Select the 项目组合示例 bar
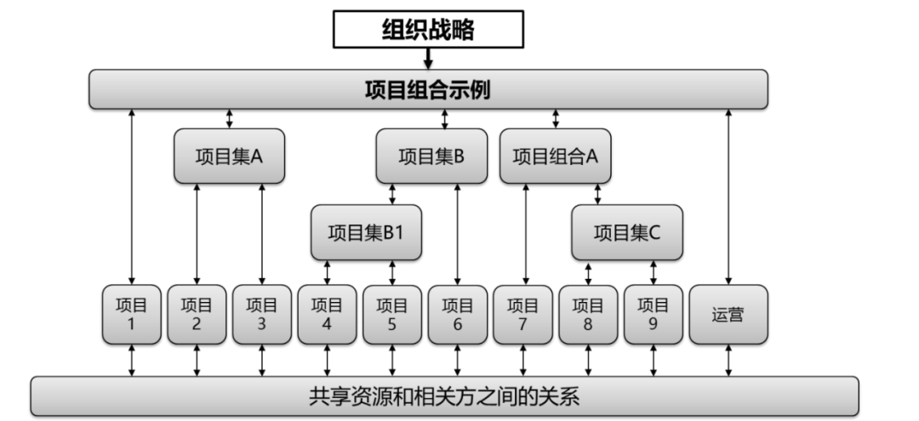[x=428, y=89]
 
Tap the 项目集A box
[x=229, y=156]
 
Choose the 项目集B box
[x=431, y=156]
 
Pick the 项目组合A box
[x=556, y=156]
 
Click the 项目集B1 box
[x=366, y=232]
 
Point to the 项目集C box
[x=627, y=232]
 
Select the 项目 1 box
[x=131, y=314]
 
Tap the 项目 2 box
[x=197, y=314]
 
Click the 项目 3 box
[x=261, y=314]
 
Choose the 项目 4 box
[x=327, y=314]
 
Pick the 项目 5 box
[x=392, y=314]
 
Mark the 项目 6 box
[x=458, y=314]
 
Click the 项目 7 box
[x=523, y=314]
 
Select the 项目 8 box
[x=588, y=314]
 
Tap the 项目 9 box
[x=654, y=314]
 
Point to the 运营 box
[x=728, y=314]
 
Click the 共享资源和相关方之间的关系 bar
[x=445, y=396]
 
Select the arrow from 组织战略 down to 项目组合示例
[x=428, y=59]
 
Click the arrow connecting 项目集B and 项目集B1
[x=392, y=194]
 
